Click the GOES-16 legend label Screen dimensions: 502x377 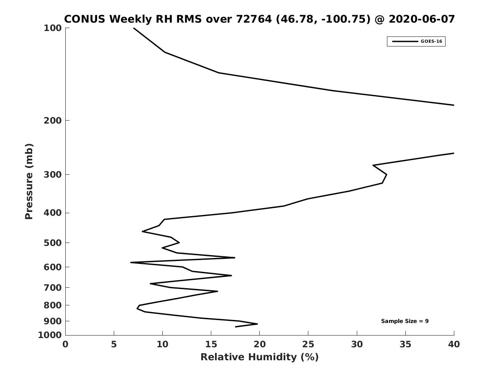coord(431,41)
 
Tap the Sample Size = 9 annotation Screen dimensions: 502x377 coord(405,321)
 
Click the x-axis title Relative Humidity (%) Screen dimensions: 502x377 coord(260,357)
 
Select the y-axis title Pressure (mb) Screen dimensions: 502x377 coord(29,181)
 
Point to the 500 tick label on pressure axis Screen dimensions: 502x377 coord(53,243)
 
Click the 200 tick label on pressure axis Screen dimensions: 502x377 coord(53,120)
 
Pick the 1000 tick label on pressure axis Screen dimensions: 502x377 coord(50,335)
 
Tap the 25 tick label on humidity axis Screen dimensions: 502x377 coord(308,344)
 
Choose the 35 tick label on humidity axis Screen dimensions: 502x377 coord(405,344)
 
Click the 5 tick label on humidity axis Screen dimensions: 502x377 coord(114,344)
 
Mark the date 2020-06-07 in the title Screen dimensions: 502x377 coord(422,19)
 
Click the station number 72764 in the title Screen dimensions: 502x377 coord(254,19)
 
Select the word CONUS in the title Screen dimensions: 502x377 coord(85,19)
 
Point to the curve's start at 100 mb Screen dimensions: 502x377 coord(134,28)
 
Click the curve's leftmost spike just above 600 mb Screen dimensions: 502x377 coord(131,262)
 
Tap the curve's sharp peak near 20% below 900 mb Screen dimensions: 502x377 coord(258,324)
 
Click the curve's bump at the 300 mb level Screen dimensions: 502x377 coord(387,175)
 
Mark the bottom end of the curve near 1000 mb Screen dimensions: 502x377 coord(236,327)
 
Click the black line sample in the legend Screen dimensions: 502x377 coord(405,41)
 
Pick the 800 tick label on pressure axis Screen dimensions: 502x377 coord(53,305)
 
